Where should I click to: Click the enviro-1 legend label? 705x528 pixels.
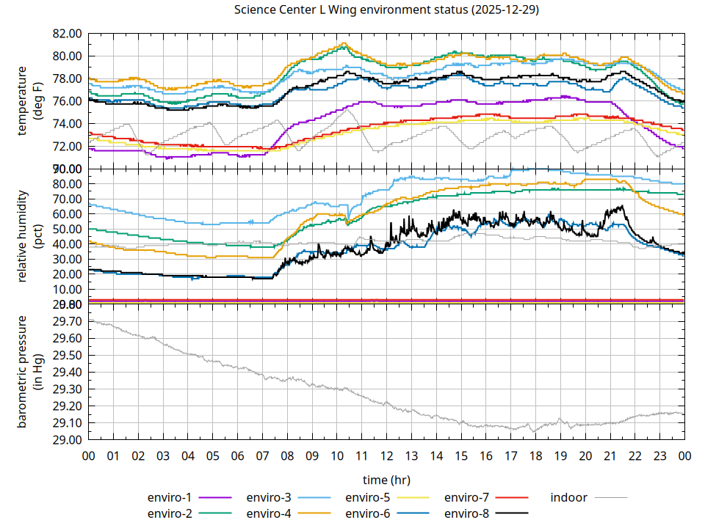click(170, 497)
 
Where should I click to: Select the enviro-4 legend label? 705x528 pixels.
click(269, 513)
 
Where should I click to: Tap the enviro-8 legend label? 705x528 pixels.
click(467, 513)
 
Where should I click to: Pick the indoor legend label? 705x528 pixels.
click(569, 497)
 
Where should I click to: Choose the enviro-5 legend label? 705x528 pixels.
click(368, 497)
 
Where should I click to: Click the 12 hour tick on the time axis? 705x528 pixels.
click(386, 455)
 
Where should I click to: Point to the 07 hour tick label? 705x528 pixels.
click(262, 455)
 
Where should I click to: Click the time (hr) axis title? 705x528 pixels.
click(386, 480)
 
